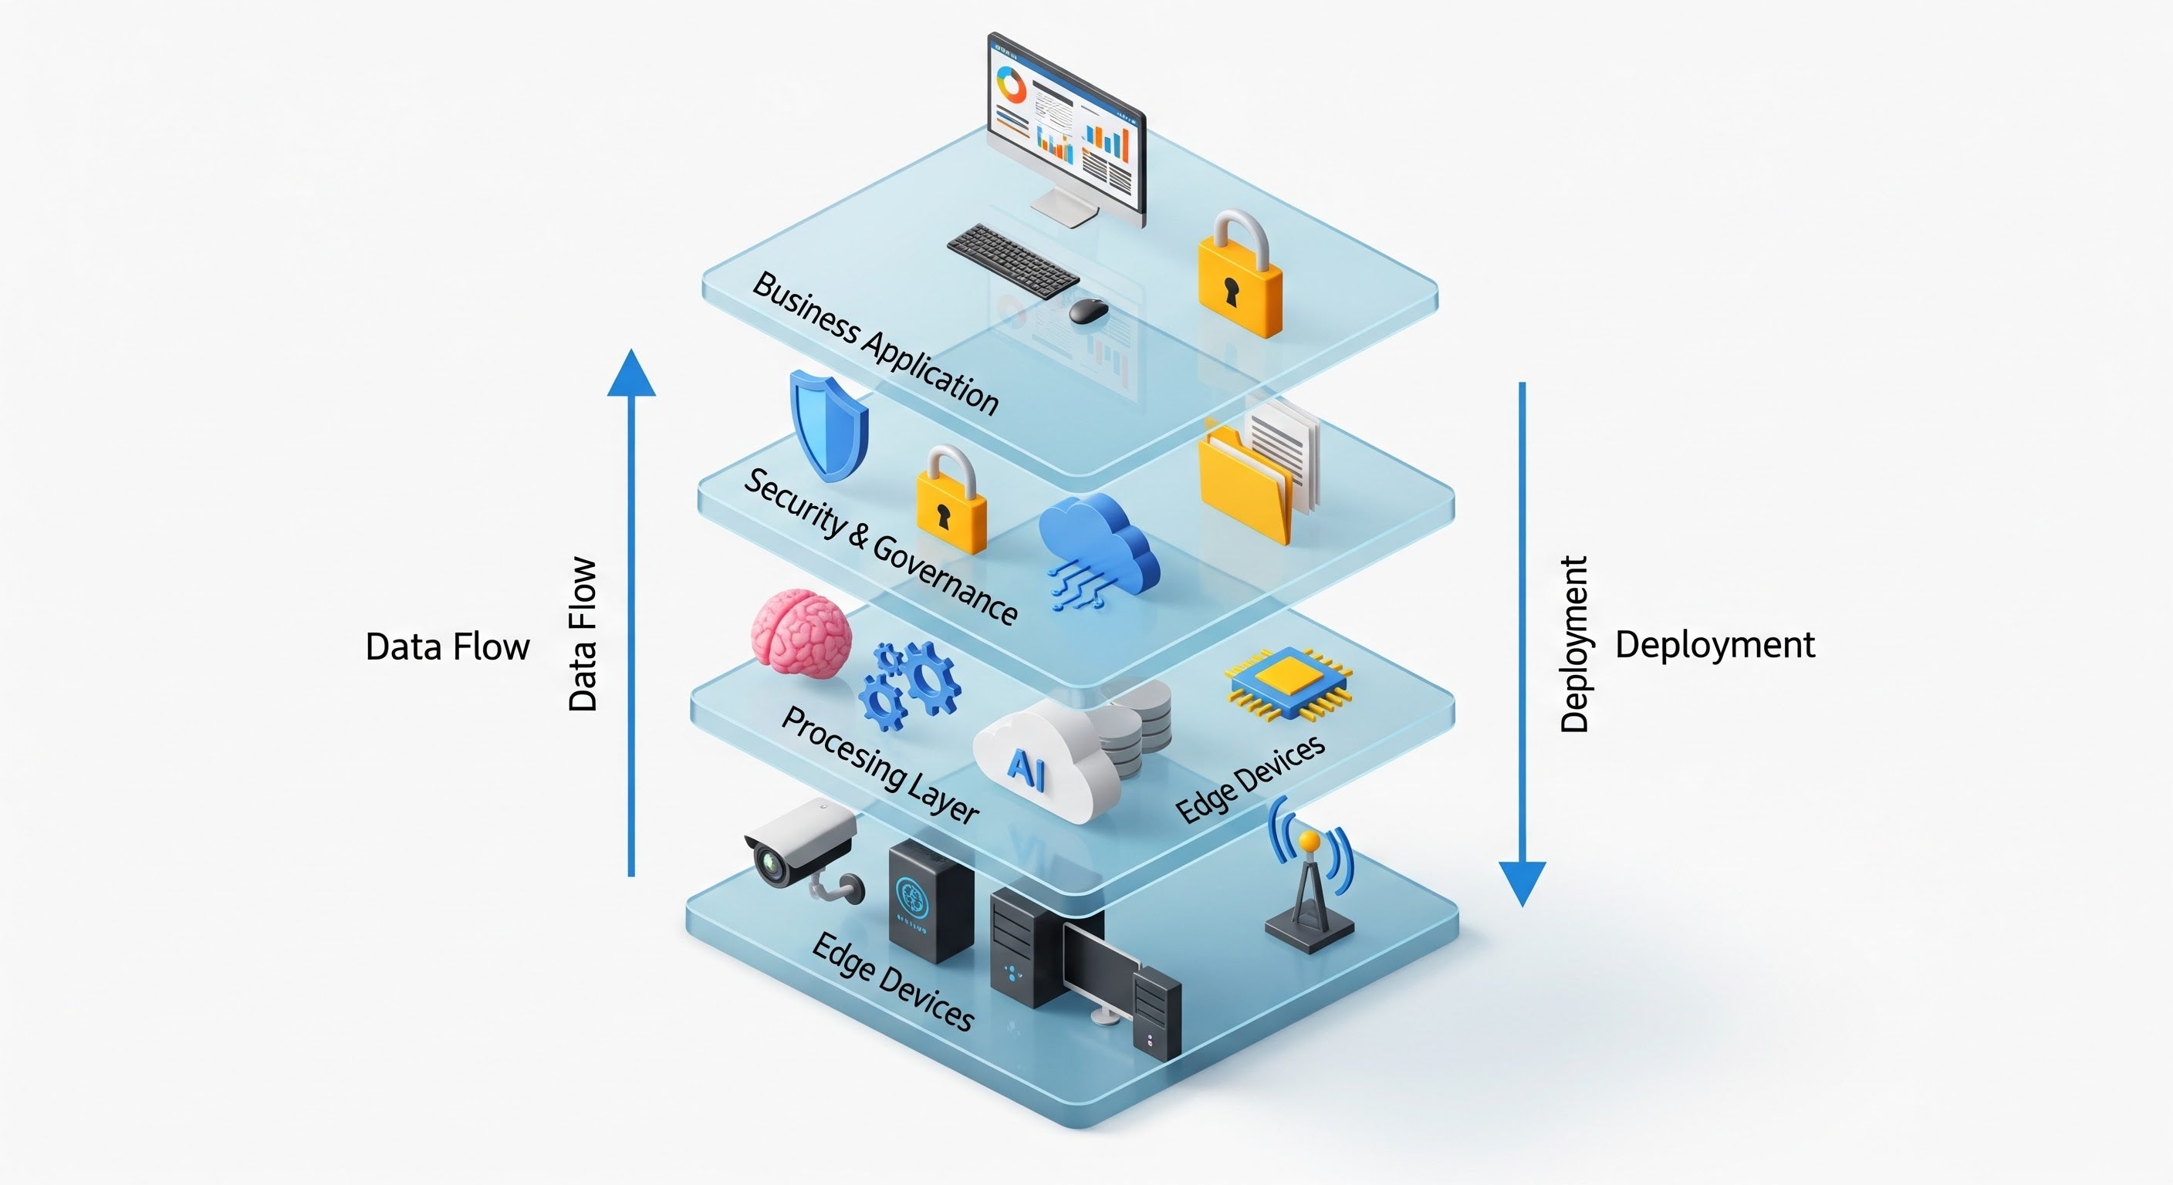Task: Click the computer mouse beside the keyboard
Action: [1088, 310]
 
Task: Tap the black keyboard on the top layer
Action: [1012, 260]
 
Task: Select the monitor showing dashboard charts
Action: [1067, 127]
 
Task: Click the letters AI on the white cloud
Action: [1026, 769]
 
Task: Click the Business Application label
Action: [875, 343]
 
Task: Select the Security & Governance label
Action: [880, 545]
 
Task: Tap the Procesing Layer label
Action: [880, 764]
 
